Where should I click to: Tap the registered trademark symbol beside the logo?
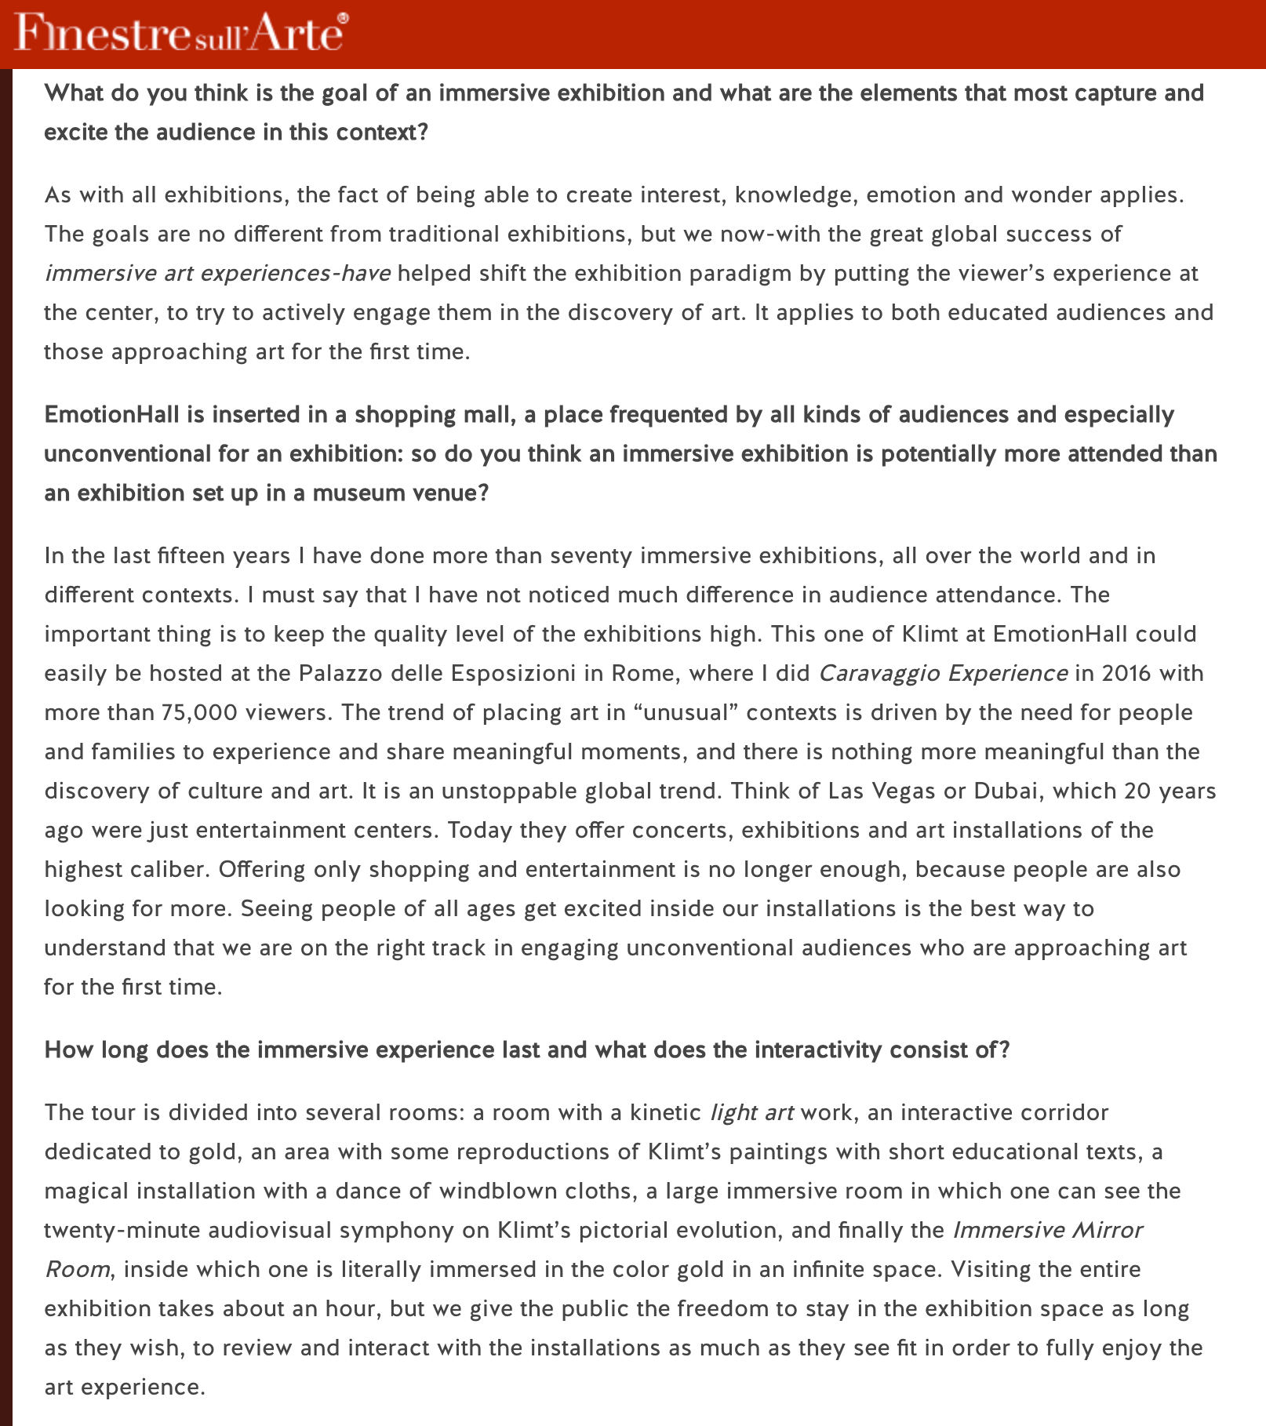pyautogui.click(x=342, y=17)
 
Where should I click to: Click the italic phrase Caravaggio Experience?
pyautogui.click(x=943, y=673)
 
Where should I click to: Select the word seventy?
pyautogui.click(x=591, y=555)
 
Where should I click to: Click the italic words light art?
pyautogui.click(x=751, y=1112)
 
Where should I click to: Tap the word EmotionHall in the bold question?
pyautogui.click(x=111, y=415)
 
